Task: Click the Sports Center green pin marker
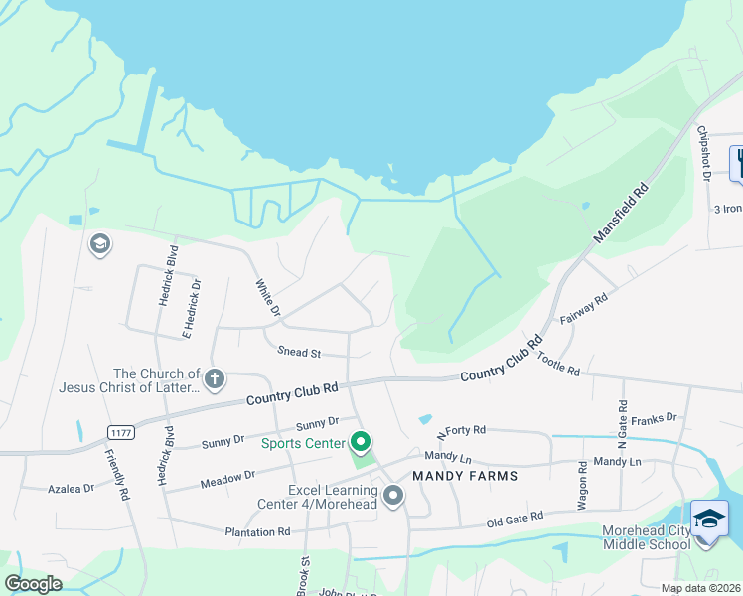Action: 362,442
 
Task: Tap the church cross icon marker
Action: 214,378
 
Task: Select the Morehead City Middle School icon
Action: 708,520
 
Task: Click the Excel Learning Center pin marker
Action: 394,495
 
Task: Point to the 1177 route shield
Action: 121,431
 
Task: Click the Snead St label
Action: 299,353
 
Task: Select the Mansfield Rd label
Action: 621,213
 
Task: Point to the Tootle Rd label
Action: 558,361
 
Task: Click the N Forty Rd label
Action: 461,431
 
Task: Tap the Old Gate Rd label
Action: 515,518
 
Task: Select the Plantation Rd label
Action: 256,531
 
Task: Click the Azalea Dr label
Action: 72,489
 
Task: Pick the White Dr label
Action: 267,297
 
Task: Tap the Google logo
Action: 34,584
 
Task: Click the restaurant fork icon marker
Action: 737,162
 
